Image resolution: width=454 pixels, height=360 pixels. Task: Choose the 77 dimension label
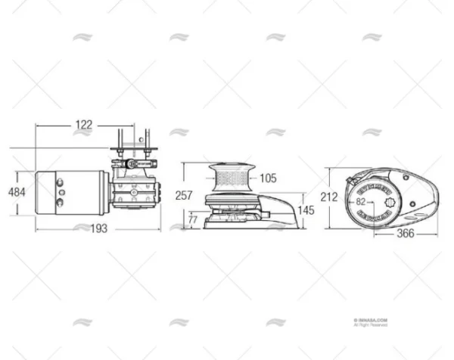(193, 219)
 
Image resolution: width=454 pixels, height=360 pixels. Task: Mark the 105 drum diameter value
(266, 179)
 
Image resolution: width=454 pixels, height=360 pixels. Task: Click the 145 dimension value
(306, 209)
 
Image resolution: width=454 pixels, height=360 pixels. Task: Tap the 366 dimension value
(407, 234)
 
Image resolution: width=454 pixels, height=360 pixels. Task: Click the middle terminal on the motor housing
(61, 193)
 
